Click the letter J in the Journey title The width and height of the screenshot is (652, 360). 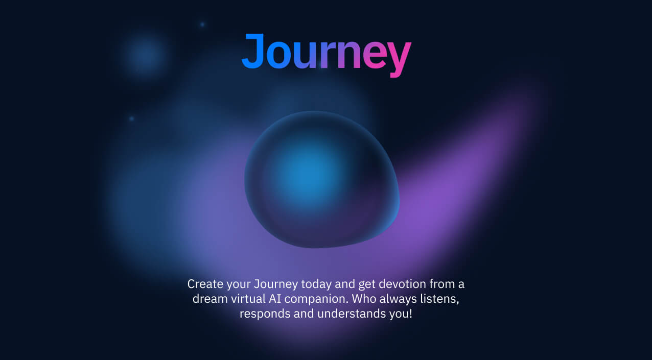[x=252, y=51]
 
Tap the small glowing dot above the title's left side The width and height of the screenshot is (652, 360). [x=202, y=25]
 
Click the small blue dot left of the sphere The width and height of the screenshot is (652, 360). [x=131, y=118]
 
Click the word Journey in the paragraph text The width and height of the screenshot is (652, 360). [x=276, y=284]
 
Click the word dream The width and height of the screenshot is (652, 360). [x=210, y=299]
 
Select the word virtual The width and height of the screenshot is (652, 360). [x=248, y=299]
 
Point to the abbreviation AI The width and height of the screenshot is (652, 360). [x=275, y=299]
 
